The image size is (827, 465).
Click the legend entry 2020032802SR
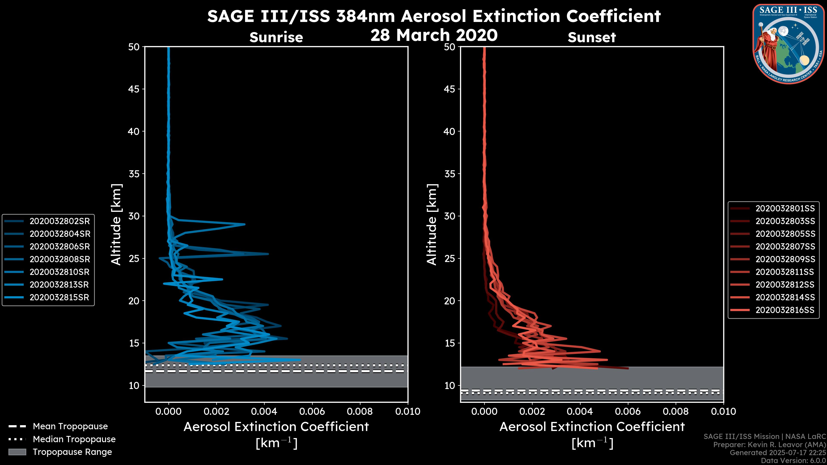point(60,221)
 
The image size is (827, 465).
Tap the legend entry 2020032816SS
point(785,310)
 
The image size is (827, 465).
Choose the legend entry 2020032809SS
point(785,259)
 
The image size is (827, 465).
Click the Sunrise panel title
point(276,37)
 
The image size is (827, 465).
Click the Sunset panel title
point(592,37)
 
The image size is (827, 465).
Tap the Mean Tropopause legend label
point(70,426)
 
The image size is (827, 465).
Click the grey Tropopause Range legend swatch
point(17,452)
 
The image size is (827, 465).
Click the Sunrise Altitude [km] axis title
point(116,224)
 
